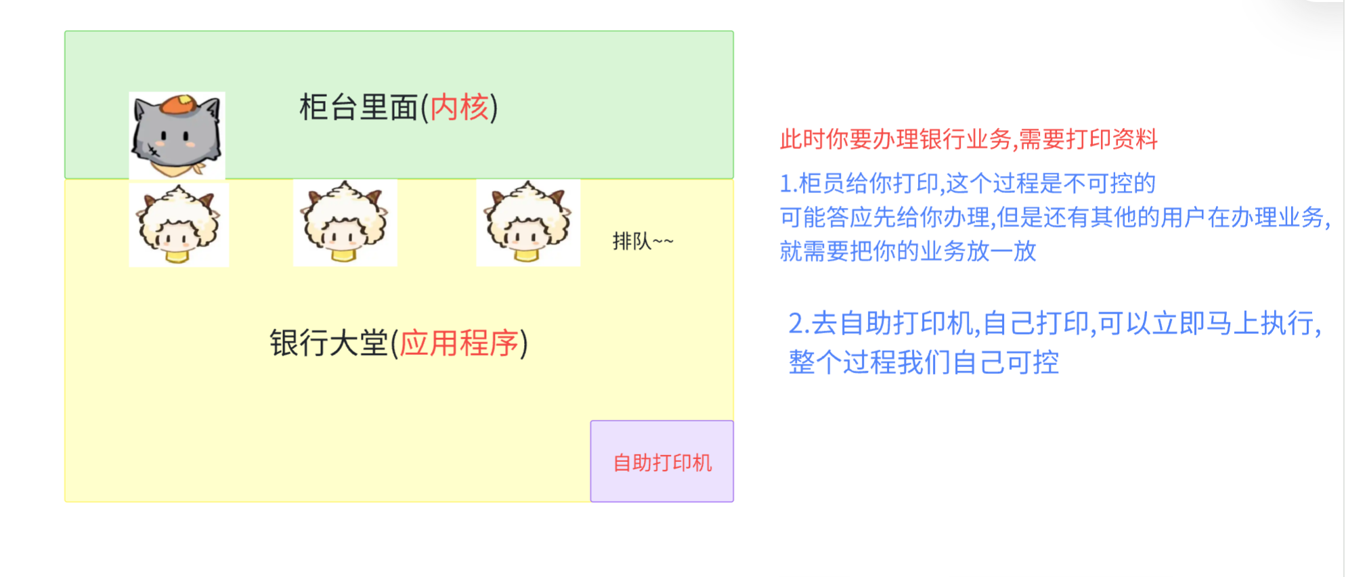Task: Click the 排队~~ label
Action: point(643,241)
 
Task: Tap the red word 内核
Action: point(459,108)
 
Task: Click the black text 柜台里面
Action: point(358,108)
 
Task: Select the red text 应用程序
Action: point(459,343)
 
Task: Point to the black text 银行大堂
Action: point(328,343)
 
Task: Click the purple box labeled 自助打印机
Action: point(661,461)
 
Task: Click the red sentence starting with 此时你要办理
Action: point(968,140)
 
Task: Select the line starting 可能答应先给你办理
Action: point(1054,217)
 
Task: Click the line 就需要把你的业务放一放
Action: point(907,251)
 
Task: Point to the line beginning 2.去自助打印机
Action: point(1054,323)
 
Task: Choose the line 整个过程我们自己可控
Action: point(923,362)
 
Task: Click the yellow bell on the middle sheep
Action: point(343,255)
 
